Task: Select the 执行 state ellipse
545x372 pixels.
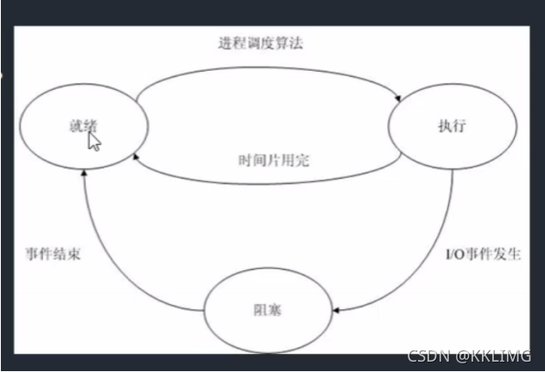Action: coord(453,124)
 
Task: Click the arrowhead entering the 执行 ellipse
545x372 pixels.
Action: coord(400,99)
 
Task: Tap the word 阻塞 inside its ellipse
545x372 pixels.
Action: coord(269,309)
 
